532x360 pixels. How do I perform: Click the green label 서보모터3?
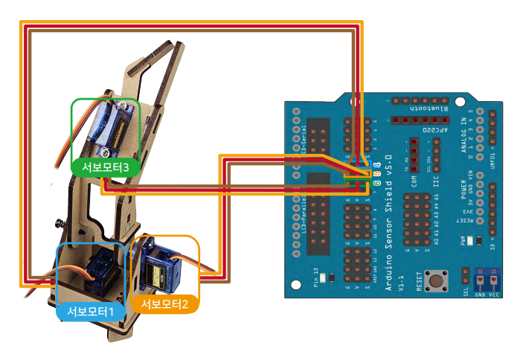106,167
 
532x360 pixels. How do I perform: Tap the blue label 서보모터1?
91,311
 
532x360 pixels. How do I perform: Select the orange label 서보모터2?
164,303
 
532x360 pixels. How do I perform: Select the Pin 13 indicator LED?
331,279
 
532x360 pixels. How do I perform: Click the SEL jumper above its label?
466,275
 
